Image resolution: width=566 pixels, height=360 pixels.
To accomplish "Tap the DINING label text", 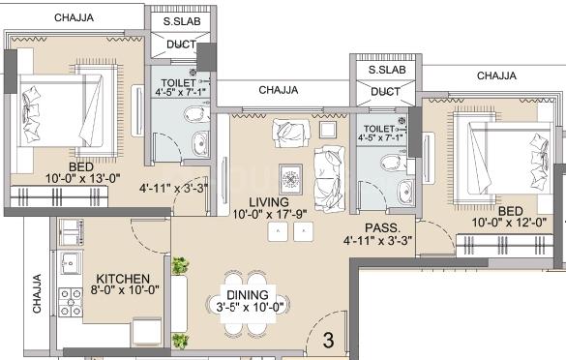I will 246,294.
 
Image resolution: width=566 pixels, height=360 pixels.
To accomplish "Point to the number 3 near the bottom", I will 329,340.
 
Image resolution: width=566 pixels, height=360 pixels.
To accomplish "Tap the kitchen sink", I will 70,260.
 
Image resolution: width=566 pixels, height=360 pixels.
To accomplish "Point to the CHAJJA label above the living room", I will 278,90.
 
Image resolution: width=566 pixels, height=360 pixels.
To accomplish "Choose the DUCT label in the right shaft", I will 385,92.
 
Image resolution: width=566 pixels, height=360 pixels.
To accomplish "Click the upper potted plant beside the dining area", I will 179,265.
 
